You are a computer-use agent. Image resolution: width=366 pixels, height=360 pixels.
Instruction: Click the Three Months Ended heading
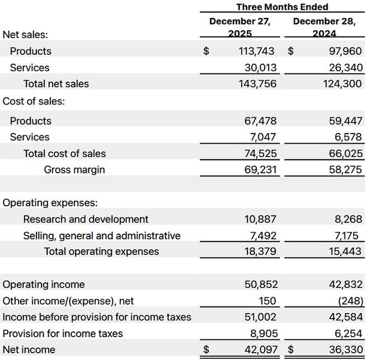click(282, 7)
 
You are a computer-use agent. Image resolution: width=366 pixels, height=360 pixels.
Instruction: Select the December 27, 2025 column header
click(240, 27)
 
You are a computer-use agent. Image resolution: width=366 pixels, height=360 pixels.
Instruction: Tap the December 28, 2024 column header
click(324, 27)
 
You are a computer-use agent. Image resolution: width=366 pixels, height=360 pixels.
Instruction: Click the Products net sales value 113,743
click(257, 51)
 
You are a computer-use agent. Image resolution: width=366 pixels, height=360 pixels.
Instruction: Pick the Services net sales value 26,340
click(345, 68)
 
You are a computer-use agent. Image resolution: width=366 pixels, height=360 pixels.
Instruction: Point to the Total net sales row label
click(56, 84)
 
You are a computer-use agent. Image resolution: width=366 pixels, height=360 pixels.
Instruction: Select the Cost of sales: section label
click(34, 101)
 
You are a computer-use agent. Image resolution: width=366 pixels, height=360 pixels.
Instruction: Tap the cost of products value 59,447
click(345, 121)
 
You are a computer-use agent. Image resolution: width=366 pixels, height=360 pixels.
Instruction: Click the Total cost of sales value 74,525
click(260, 153)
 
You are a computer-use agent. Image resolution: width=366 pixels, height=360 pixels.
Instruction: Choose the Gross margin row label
click(74, 169)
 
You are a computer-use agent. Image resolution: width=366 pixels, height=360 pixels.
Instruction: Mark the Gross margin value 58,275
click(345, 169)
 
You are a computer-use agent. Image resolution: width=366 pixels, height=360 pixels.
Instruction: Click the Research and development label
click(86, 219)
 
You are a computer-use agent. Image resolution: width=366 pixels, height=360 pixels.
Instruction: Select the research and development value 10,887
click(260, 219)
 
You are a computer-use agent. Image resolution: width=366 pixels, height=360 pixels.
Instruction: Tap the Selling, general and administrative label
click(102, 236)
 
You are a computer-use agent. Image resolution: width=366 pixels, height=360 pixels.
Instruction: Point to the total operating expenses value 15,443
click(345, 252)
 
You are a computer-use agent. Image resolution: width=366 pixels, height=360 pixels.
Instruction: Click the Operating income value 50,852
click(260, 285)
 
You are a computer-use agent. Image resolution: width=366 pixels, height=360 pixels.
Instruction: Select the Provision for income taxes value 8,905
click(263, 334)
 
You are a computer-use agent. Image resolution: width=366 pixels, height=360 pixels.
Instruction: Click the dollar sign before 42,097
click(206, 350)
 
